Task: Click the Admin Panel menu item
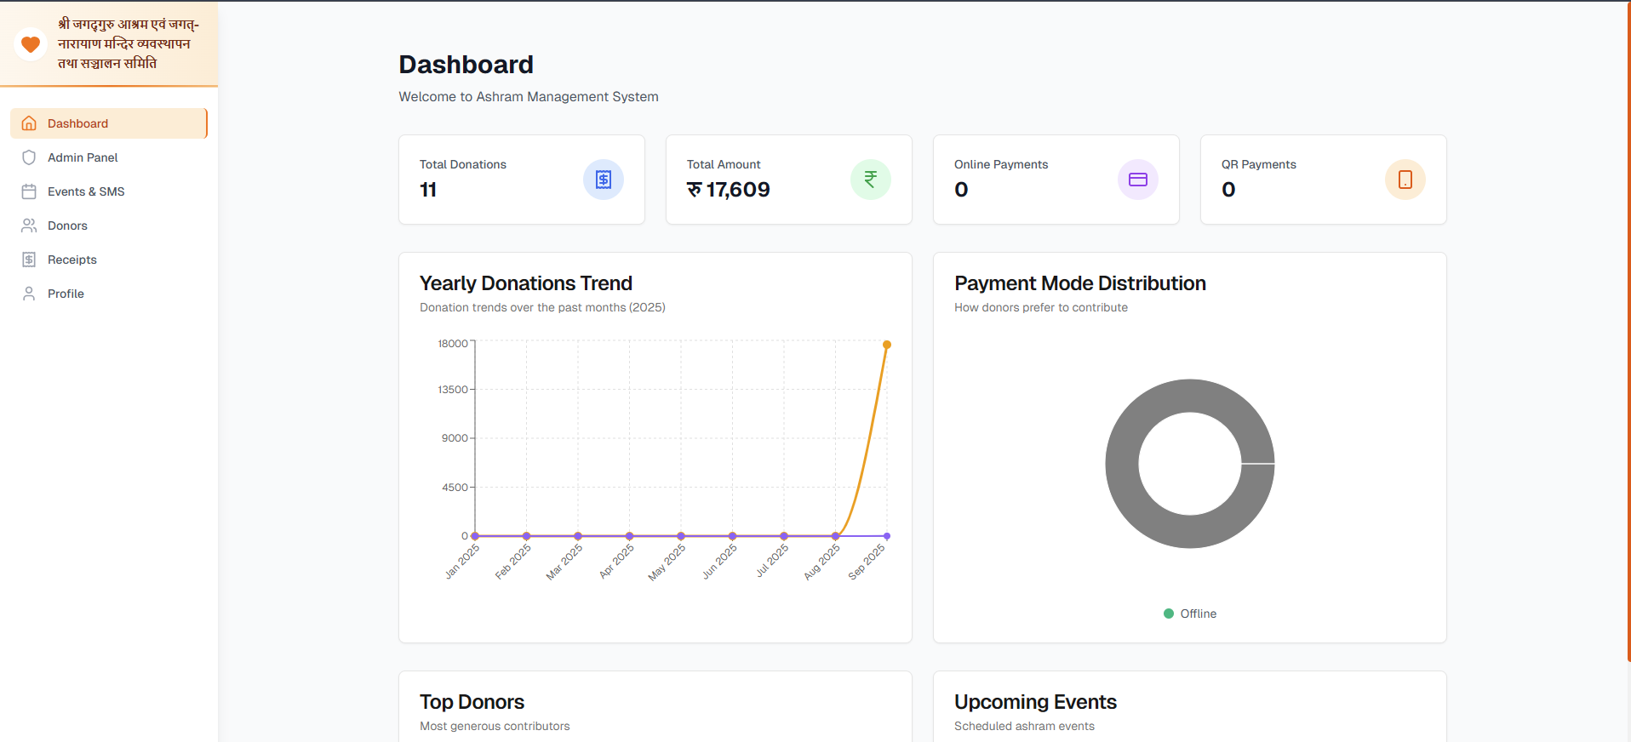tap(83, 157)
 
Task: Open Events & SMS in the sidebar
tap(85, 191)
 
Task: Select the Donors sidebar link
tap(67, 225)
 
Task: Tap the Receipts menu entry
tap(72, 260)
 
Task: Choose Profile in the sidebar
tap(66, 294)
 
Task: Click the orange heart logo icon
tap(31, 44)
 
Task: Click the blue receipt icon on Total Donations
tap(603, 180)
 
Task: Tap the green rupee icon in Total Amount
tap(870, 180)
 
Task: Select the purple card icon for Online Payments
tap(1137, 180)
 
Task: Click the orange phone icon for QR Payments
tap(1405, 180)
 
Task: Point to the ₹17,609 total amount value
tap(729, 190)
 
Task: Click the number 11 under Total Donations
tap(428, 190)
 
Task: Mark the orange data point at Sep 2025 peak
tap(887, 345)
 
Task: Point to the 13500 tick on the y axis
tap(453, 390)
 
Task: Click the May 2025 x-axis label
tap(667, 562)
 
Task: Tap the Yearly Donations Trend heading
tap(525, 283)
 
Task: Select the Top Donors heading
tap(472, 702)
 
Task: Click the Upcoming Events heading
tap(1035, 702)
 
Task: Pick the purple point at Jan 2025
tap(475, 536)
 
